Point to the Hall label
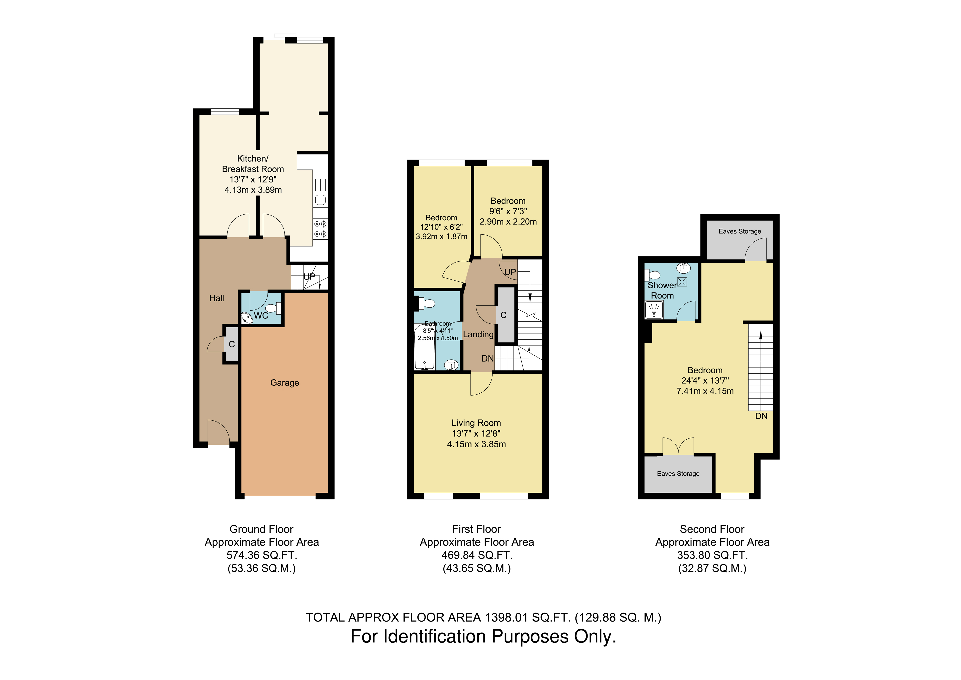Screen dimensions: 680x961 tap(216, 298)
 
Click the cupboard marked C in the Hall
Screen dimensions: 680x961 tap(231, 344)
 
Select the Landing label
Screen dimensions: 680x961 tap(478, 334)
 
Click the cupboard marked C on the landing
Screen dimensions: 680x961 tap(504, 315)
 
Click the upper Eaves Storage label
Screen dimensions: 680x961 tap(740, 231)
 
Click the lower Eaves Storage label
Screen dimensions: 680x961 tap(678, 474)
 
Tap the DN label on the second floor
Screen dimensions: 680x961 tap(761, 416)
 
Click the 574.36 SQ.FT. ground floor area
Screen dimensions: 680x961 tap(262, 555)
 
